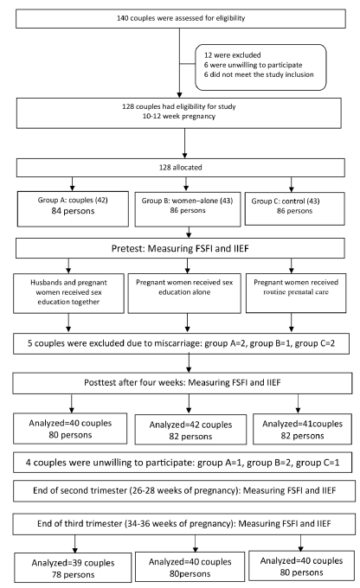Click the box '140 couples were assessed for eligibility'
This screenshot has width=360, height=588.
(181, 18)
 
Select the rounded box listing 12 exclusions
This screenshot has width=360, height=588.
(260, 67)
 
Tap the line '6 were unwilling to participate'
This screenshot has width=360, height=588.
(253, 65)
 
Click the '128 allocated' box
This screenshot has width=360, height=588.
(181, 168)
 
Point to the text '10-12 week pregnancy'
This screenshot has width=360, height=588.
(179, 116)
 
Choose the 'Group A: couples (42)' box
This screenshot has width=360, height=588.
(73, 209)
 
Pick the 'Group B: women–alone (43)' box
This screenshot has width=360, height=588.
(188, 209)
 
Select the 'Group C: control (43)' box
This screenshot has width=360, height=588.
(295, 209)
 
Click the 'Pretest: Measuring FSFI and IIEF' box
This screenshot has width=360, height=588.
(180, 248)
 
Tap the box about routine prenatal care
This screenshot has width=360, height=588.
(296, 293)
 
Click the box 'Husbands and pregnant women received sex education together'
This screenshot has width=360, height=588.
(68, 293)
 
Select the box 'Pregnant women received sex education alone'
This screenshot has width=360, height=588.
(184, 293)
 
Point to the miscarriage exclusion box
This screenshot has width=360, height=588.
(182, 343)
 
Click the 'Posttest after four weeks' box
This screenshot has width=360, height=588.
(183, 383)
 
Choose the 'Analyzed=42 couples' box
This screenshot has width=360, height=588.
(190, 430)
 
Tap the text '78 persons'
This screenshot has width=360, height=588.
(74, 574)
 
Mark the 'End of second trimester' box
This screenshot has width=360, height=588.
(184, 491)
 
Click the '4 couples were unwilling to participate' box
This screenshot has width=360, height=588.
(183, 463)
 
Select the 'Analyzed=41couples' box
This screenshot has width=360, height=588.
(303, 429)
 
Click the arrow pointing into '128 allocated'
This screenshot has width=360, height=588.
(184, 144)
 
